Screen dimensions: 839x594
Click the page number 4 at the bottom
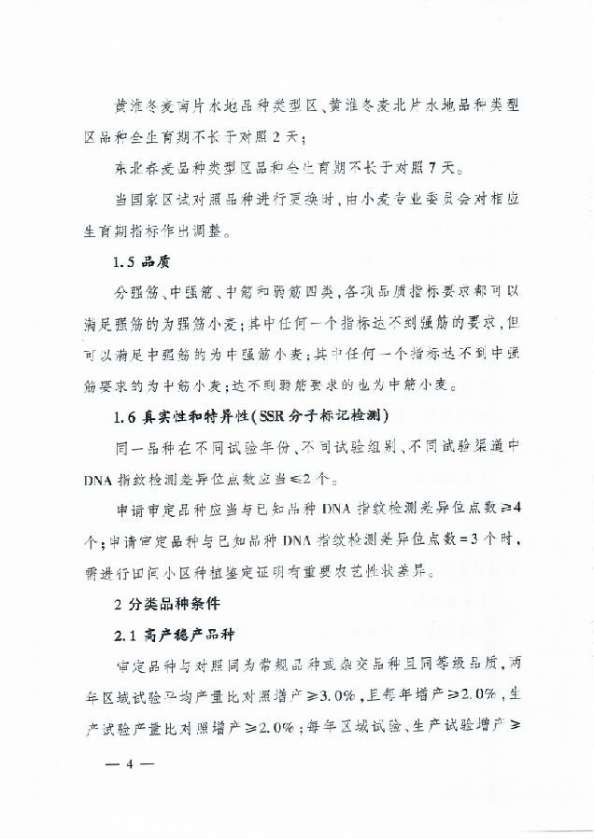point(131,763)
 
